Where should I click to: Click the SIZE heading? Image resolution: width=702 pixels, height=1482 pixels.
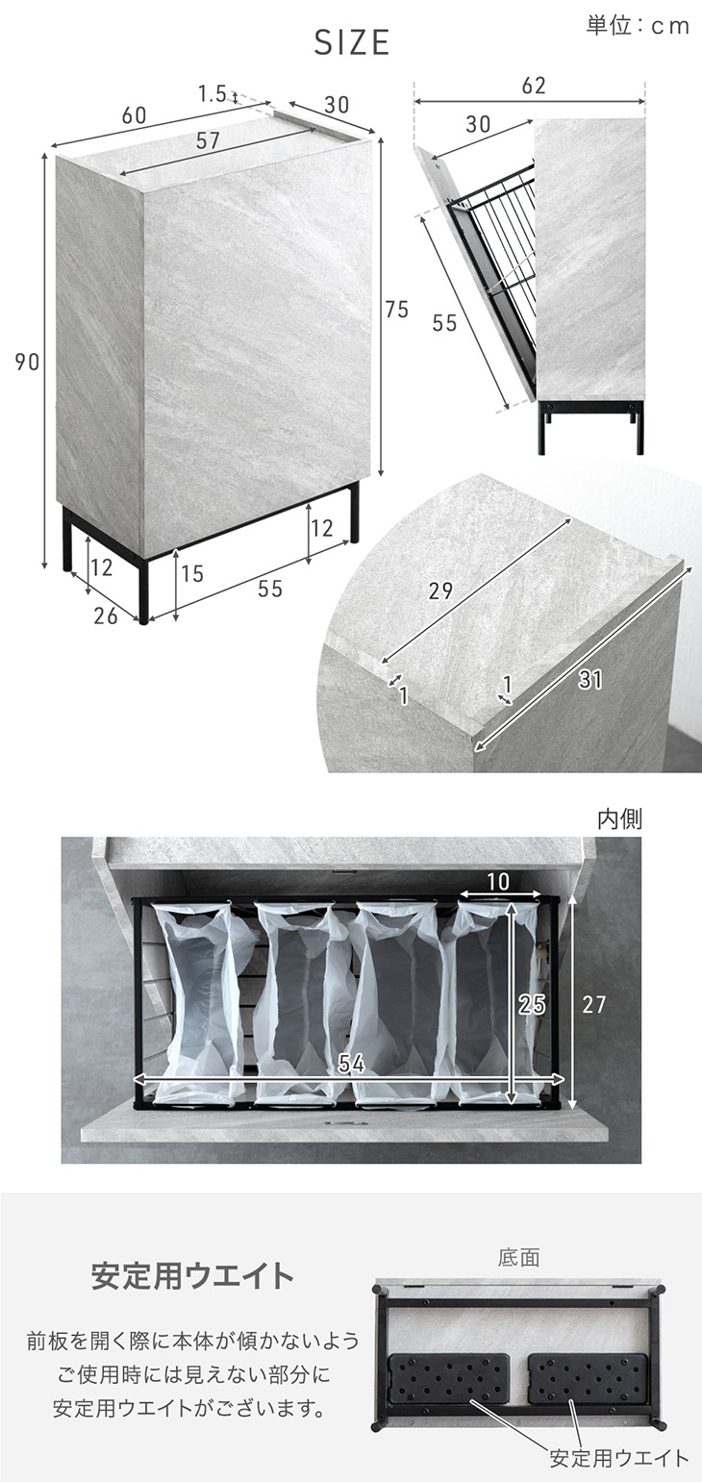[x=351, y=43]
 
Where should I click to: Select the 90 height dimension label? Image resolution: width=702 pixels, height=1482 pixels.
[x=28, y=362]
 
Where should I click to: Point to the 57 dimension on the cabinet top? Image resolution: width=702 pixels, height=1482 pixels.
[x=208, y=141]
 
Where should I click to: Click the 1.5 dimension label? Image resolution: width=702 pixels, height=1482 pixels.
[x=213, y=94]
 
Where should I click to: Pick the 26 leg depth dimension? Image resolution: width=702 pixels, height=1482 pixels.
[x=106, y=615]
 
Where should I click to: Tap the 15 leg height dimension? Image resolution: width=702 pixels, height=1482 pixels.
[x=192, y=573]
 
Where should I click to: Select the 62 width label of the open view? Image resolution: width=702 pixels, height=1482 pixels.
[x=534, y=85]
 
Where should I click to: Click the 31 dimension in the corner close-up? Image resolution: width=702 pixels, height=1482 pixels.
[x=590, y=680]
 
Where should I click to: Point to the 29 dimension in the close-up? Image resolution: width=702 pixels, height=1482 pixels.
[x=440, y=590]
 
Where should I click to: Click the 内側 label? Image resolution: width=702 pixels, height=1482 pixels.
[x=619, y=819]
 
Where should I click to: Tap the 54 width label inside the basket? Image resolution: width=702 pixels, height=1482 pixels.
[x=351, y=1064]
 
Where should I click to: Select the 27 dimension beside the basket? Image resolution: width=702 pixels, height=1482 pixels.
[x=593, y=1004]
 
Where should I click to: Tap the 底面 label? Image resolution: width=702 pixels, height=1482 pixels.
[x=518, y=1257]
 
